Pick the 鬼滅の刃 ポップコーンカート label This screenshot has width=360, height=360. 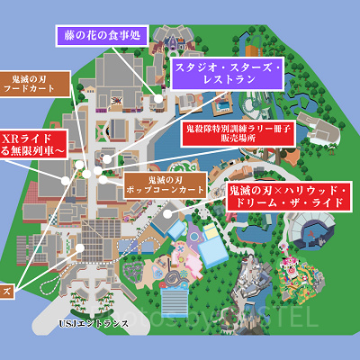pos(165,185)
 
